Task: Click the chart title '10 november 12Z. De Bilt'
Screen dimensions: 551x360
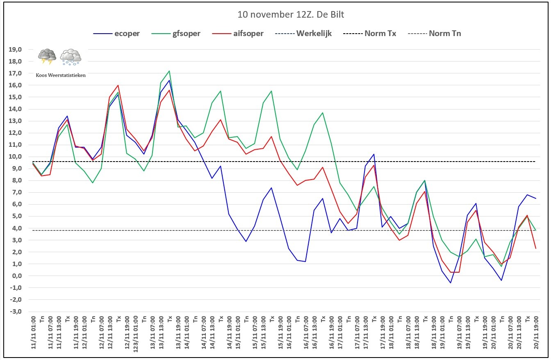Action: [x=291, y=14]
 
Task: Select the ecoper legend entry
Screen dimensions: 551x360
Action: [x=116, y=34]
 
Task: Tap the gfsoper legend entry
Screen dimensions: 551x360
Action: [x=175, y=34]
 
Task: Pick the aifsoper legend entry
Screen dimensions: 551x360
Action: [x=238, y=34]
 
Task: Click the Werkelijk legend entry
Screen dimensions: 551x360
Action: [x=303, y=34]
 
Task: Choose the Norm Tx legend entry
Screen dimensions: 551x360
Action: [x=369, y=34]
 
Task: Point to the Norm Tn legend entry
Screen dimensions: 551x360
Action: [x=434, y=34]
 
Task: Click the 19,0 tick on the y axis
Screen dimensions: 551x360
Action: [x=15, y=50]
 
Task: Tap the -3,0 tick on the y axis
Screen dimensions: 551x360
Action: [x=15, y=312]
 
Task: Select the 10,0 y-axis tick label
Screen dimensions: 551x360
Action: [x=15, y=157]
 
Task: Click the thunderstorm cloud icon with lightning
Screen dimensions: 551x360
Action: [x=47, y=57]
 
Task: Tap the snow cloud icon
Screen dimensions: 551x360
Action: [x=71, y=57]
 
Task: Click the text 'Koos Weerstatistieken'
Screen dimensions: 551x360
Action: [x=61, y=75]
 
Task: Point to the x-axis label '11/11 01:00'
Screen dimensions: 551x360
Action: [x=34, y=333]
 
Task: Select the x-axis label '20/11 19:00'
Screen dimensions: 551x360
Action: [x=536, y=333]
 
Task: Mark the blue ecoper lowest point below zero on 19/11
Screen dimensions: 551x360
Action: [x=451, y=283]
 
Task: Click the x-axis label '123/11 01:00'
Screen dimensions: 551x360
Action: [x=136, y=334]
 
